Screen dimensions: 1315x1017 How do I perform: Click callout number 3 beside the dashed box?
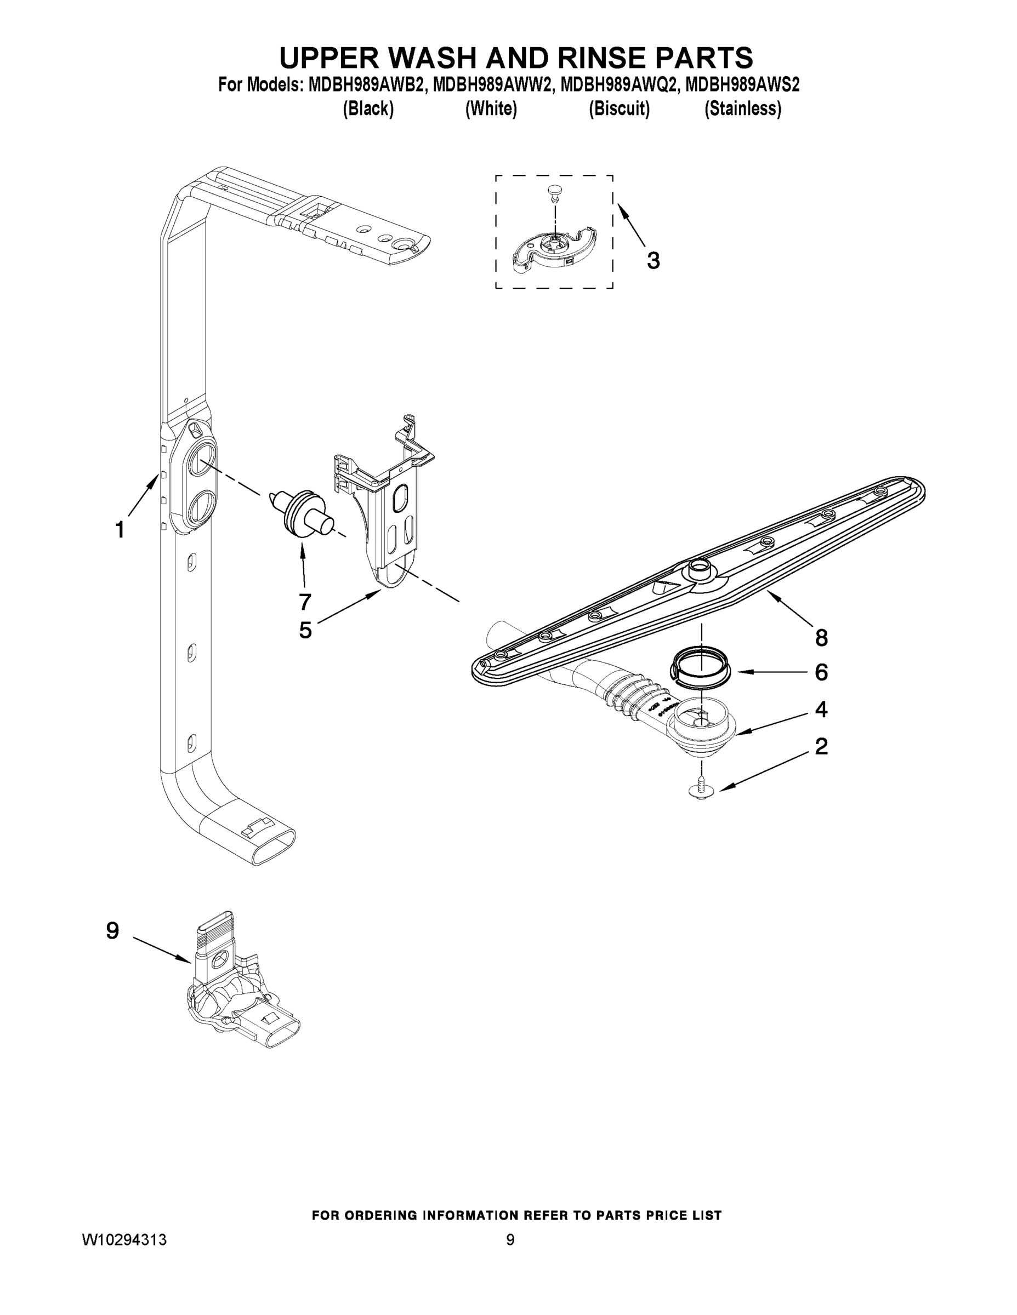pos(653,261)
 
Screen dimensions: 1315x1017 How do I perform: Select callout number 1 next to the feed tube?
pos(120,530)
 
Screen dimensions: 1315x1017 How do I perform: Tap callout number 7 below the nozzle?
pos(305,601)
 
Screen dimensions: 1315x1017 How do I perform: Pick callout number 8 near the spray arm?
pos(821,638)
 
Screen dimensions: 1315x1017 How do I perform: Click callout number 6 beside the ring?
pos(821,672)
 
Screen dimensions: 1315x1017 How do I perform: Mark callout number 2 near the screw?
pos(821,747)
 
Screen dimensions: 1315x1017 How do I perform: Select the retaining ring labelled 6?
pos(699,664)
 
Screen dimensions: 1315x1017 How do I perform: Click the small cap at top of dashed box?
pos(554,191)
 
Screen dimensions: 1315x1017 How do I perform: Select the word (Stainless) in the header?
pos(742,109)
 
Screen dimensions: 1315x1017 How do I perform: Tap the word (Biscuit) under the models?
pos(619,109)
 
